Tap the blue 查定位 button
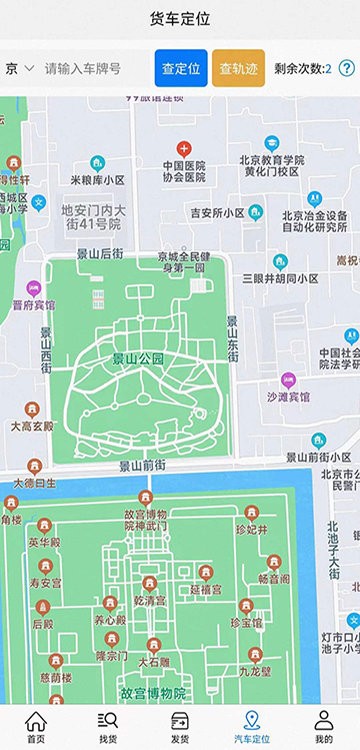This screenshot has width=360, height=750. pyautogui.click(x=181, y=69)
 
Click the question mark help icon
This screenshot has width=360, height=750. pyautogui.click(x=347, y=69)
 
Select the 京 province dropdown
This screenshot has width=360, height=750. pyautogui.click(x=19, y=69)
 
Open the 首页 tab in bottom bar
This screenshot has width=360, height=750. pyautogui.click(x=36, y=726)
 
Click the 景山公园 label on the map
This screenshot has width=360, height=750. pyautogui.click(x=137, y=358)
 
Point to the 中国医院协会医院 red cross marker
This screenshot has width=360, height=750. pyautogui.click(x=183, y=147)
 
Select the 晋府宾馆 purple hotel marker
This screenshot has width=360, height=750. pyautogui.click(x=34, y=288)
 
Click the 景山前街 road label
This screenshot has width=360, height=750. pyautogui.click(x=142, y=466)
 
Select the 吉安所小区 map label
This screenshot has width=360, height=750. pyautogui.click(x=217, y=213)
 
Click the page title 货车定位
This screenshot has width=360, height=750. pyautogui.click(x=180, y=19)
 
